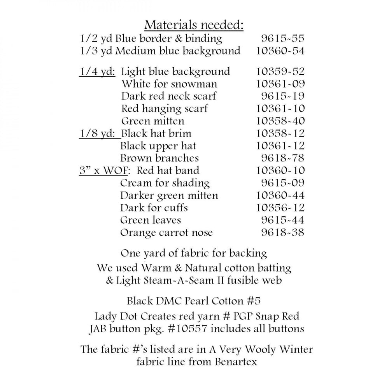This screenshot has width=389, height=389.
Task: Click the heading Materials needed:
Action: pos(194,25)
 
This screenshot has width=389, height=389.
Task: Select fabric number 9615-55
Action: pos(282,39)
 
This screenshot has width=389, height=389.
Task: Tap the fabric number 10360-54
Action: pos(280,51)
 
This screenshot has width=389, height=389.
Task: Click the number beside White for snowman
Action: pos(280,84)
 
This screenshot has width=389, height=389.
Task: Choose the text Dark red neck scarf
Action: pos(168,96)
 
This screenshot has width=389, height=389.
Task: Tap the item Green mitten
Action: pos(152,121)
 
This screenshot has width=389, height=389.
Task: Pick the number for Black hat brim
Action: pos(280,134)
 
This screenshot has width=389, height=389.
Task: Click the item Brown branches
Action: pos(159,158)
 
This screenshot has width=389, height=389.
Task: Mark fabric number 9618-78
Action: pos(282,158)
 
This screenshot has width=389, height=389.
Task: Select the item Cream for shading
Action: pos(165,183)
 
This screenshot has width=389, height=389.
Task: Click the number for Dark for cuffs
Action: pos(280,208)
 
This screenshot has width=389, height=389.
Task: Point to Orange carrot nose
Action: pos(166,233)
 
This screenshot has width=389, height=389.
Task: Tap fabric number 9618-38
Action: pos(282,233)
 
